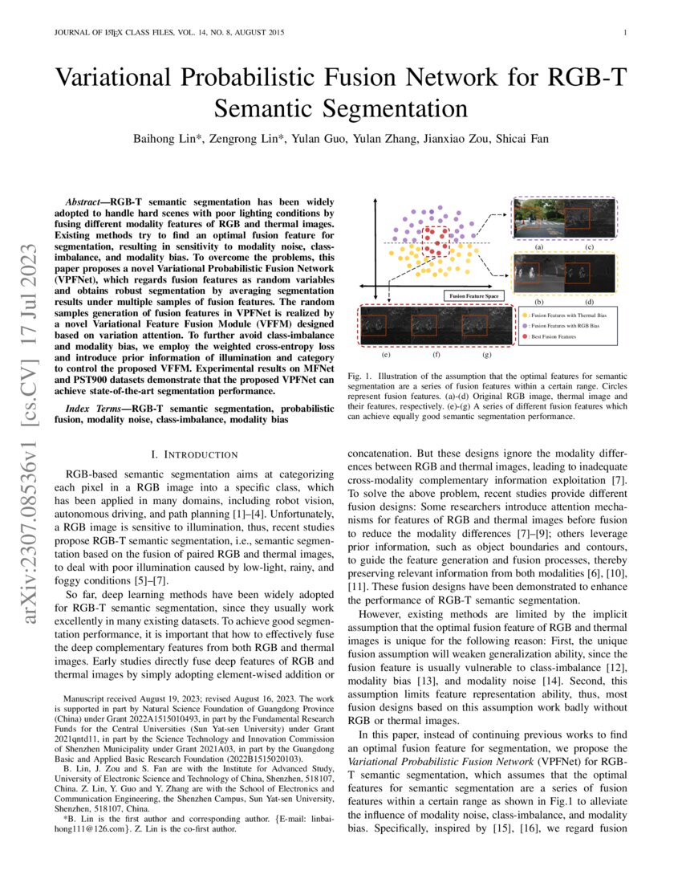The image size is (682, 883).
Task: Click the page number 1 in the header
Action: coord(624,33)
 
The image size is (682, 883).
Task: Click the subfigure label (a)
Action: coord(539,248)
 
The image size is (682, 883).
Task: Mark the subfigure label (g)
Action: coord(487,353)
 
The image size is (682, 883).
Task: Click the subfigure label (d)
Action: coord(590,302)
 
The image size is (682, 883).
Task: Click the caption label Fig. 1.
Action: coord(360,376)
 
